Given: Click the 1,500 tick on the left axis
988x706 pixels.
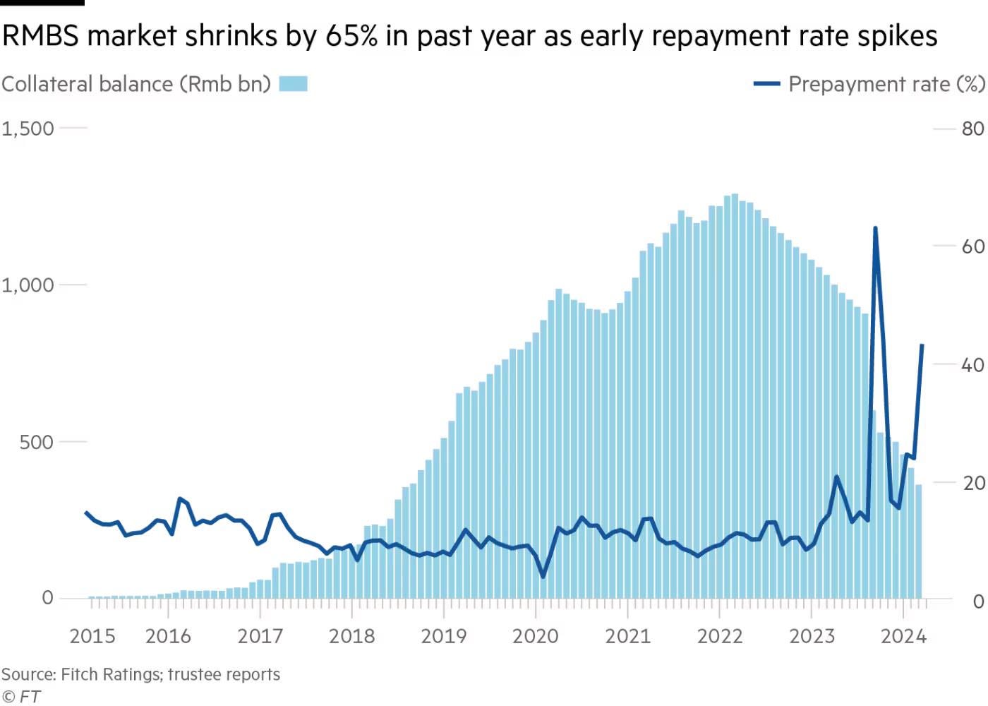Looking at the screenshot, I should pos(28,128).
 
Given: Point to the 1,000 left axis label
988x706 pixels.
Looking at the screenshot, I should pos(28,285).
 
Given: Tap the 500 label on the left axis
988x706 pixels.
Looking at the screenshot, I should pos(36,442).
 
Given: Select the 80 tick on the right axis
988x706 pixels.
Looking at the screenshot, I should pos(972,128).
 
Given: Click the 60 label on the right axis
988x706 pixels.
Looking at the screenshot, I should pos(972,246).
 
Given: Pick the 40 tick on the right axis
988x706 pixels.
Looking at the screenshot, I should pos(972,364).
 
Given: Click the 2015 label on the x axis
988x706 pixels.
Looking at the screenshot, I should pos(92,636).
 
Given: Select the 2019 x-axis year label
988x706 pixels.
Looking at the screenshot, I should pos(443,636).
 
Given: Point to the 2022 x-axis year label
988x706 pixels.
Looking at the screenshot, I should pos(720,636).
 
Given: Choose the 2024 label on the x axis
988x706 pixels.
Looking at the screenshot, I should pos(903,636).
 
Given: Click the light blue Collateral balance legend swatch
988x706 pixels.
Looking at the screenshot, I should pos(293,84).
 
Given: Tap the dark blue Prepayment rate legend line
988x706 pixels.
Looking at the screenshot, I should pos(766,84).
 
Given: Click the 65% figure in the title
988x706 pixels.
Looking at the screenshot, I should pos(351,35).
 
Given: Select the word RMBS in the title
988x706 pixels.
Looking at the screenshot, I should pos(40,35).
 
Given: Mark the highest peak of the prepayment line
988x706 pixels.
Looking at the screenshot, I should pos(875,228).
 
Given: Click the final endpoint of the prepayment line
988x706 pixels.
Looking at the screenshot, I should pos(922,345).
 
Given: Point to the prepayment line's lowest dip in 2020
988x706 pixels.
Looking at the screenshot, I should pos(543,576).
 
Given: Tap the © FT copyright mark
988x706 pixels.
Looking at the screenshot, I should pos(21,696).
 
